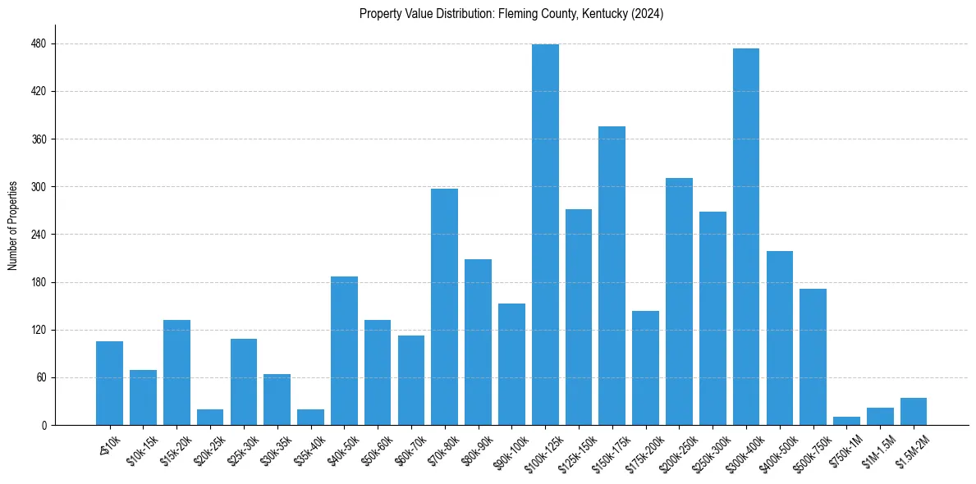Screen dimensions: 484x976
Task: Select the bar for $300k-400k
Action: coord(746,237)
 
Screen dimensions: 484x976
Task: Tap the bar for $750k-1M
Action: coord(846,421)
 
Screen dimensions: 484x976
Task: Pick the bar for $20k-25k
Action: coord(210,418)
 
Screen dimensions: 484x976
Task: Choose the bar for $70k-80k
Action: coord(444,307)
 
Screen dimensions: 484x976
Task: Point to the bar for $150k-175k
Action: coord(612,276)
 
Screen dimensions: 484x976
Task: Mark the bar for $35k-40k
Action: coord(310,418)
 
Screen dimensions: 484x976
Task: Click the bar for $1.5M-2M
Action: coord(914,412)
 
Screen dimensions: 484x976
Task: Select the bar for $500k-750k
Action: coord(813,357)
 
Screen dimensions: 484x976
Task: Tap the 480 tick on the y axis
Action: coord(39,43)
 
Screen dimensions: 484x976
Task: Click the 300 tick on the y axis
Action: coord(39,187)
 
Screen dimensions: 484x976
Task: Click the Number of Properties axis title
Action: coord(13,226)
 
